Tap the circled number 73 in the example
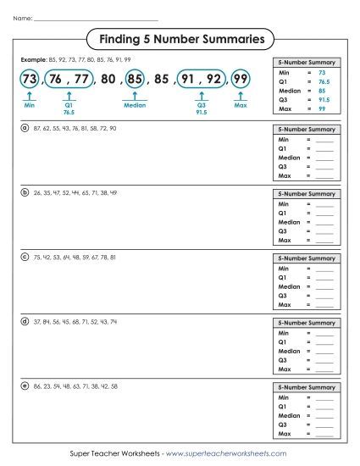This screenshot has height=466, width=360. (30, 80)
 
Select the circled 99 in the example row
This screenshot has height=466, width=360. (241, 80)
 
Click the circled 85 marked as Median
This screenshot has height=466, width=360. (135, 80)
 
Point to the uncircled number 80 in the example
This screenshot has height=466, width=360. (107, 80)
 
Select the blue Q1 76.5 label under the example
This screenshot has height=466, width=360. (69, 108)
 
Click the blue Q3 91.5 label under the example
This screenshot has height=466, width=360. (202, 108)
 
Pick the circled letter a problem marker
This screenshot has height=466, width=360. (25, 128)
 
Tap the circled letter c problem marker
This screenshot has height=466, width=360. (25, 257)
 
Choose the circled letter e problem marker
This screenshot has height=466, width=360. (25, 386)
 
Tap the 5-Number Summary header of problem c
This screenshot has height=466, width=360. (307, 258)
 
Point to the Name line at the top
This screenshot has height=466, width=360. (93, 19)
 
